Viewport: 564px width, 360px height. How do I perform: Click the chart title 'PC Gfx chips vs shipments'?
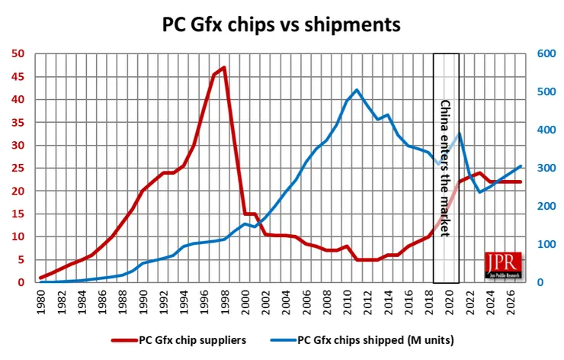(281, 24)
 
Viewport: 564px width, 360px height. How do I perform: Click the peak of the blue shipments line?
(357, 90)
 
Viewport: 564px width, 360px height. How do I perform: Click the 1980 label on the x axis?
(42, 300)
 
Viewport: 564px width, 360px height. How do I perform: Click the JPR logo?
(504, 264)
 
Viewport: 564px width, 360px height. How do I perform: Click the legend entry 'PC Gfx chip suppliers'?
(191, 339)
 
